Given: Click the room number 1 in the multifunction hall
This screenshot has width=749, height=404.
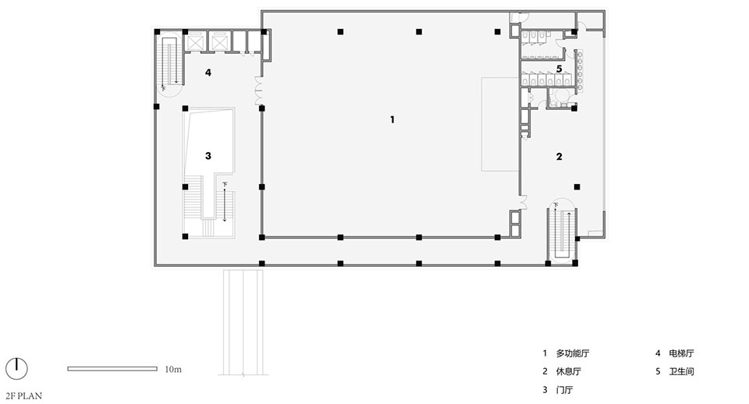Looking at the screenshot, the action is (392, 119).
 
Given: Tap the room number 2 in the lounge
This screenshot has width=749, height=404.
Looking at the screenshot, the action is (559, 156).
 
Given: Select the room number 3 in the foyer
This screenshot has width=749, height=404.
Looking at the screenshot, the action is (208, 156).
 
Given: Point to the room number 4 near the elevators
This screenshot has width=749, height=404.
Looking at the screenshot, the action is (208, 73).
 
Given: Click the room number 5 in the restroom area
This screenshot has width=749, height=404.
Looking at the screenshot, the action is (559, 69).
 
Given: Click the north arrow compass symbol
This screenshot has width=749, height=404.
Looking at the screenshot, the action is (16, 369).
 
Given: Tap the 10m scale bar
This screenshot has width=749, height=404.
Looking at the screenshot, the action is (112, 369).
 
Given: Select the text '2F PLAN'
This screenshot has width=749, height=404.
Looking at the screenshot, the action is (24, 396).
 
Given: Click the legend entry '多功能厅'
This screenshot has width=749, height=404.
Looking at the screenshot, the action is (572, 353).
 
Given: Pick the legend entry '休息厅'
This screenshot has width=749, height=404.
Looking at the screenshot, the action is (569, 371).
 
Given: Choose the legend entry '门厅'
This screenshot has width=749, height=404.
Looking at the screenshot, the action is (564, 390).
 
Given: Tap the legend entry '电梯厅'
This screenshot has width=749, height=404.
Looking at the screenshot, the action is (681, 353).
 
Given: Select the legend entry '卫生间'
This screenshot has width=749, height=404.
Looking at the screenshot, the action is (681, 371).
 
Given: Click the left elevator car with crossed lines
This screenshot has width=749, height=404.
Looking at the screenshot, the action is (195, 41).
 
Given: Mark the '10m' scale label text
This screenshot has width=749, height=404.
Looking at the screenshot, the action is (173, 369).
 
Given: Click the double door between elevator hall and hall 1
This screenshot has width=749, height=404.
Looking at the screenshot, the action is (258, 91).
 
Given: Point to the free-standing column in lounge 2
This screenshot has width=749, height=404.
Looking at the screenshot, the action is (577, 186).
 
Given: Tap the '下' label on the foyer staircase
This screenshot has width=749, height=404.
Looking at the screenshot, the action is (225, 183).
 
